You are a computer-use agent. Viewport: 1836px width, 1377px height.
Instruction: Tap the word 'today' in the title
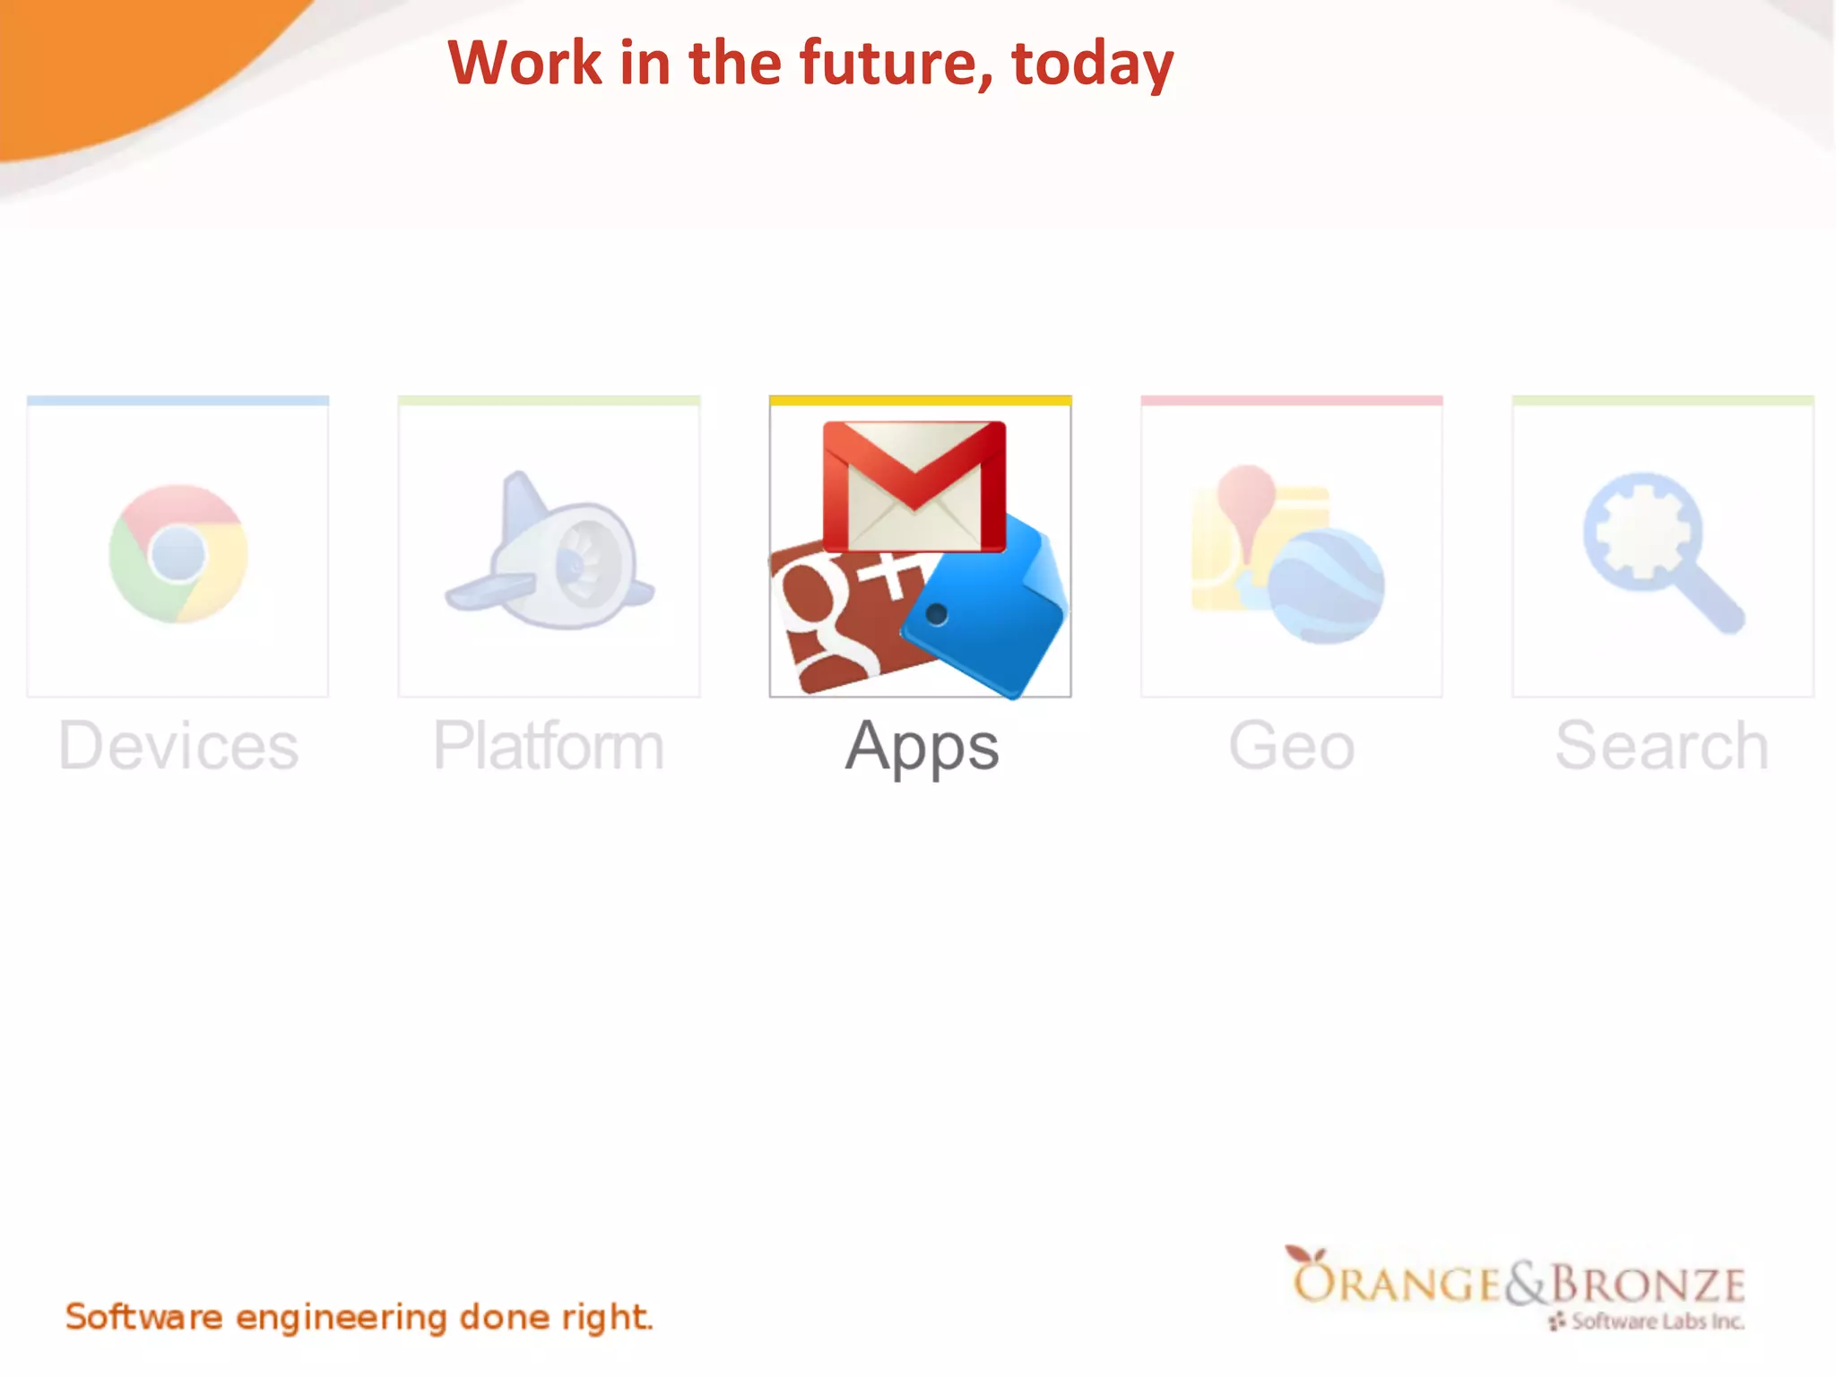tap(1092, 65)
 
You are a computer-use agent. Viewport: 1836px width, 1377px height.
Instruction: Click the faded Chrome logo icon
tap(178, 553)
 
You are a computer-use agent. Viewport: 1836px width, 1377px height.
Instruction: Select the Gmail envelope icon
tap(914, 486)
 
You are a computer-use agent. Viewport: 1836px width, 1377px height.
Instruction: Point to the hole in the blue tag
tap(936, 614)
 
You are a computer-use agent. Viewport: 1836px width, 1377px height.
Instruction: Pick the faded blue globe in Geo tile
tap(1326, 586)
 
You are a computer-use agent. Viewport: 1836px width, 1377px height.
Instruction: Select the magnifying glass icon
tap(1658, 549)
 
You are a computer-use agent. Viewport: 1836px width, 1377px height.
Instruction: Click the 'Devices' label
tap(178, 746)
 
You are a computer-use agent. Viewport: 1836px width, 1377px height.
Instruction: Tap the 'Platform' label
tap(549, 746)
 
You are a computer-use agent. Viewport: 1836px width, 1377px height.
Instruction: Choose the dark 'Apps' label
tap(922, 748)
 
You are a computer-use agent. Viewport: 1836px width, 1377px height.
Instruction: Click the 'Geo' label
tap(1291, 746)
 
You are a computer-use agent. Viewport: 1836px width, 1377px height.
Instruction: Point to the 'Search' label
tap(1662, 746)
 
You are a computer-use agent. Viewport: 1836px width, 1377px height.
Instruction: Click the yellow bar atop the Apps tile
tap(920, 401)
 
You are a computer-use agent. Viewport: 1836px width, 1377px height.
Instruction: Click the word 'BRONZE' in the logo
tap(1648, 1284)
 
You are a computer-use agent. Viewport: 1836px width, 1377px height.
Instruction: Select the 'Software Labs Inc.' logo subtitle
tap(1657, 1321)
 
